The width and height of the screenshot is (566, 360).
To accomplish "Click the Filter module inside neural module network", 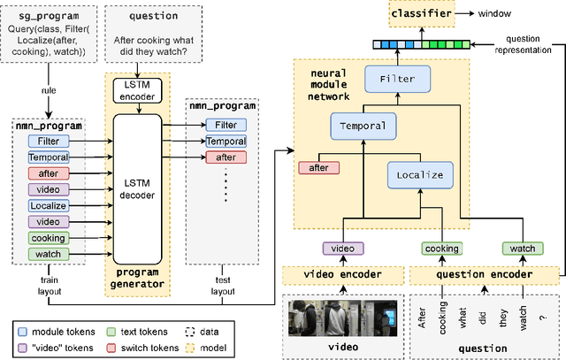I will coord(397,79).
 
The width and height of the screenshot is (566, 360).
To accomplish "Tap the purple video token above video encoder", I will coord(341,249).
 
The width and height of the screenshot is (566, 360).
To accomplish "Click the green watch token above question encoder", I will coord(519,249).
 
